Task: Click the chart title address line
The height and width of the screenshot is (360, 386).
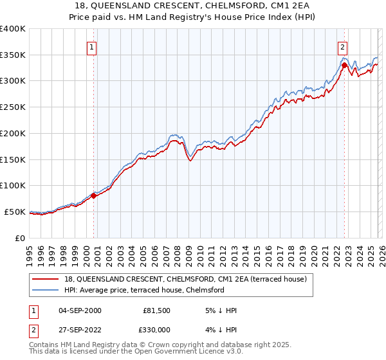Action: pyautogui.click(x=192, y=6)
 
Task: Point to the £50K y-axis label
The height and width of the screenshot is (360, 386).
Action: pyautogui.click(x=14, y=212)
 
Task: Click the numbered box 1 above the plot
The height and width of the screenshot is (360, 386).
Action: pyautogui.click(x=92, y=46)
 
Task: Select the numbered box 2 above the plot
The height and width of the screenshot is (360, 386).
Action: pyautogui.click(x=343, y=46)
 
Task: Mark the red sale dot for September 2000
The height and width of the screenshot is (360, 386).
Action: pyautogui.click(x=93, y=195)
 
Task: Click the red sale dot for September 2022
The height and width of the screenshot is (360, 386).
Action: pyautogui.click(x=344, y=65)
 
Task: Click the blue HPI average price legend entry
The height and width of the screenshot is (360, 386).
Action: pyautogui.click(x=143, y=290)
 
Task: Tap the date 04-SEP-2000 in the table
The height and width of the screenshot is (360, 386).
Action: pyautogui.click(x=78, y=310)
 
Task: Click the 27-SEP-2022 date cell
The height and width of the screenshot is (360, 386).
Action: pyautogui.click(x=78, y=331)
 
